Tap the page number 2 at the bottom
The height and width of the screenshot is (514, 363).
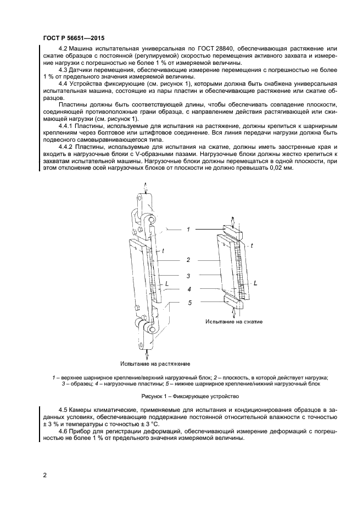click(x=44, y=474)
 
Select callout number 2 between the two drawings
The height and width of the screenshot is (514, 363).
click(x=188, y=260)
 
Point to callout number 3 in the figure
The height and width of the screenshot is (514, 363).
click(x=188, y=276)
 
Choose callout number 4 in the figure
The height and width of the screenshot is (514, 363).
click(x=188, y=289)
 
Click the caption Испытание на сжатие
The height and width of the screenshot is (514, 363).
click(x=234, y=321)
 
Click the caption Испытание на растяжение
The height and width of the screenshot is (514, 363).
click(x=155, y=364)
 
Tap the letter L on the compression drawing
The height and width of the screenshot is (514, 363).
click(x=256, y=283)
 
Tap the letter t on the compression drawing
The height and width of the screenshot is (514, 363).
click(x=252, y=245)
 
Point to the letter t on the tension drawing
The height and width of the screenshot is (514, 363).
click(x=163, y=251)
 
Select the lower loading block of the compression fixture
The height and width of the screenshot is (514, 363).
click(x=234, y=301)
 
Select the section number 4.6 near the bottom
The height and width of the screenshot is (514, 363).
click(x=64, y=431)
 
